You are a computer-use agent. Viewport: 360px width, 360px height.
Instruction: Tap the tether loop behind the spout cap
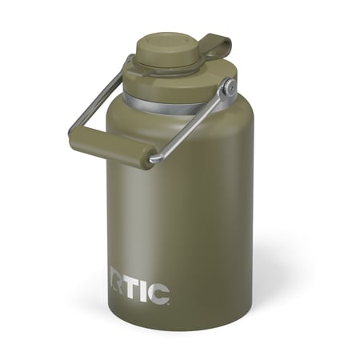214,46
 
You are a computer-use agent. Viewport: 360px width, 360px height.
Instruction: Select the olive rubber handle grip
112,149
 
